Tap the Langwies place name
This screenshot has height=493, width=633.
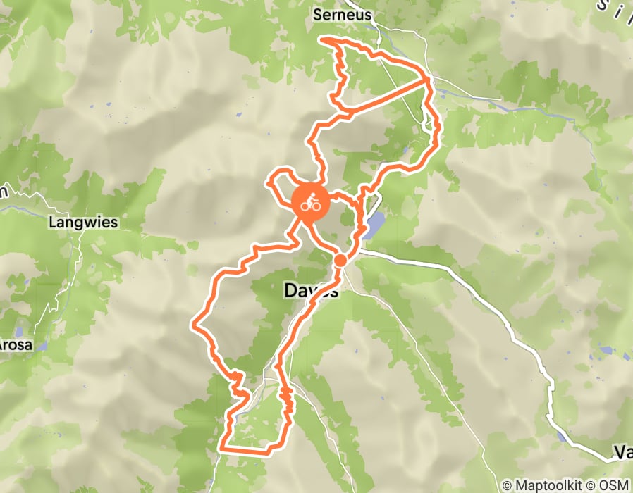click(83, 223)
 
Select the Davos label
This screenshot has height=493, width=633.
click(311, 289)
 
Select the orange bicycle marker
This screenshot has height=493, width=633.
click(309, 204)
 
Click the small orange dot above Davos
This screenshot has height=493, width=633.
click(340, 261)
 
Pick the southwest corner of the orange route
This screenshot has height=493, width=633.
click(222, 447)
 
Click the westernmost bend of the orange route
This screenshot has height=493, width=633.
click(193, 325)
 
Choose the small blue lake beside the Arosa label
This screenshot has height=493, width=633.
click(42, 347)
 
